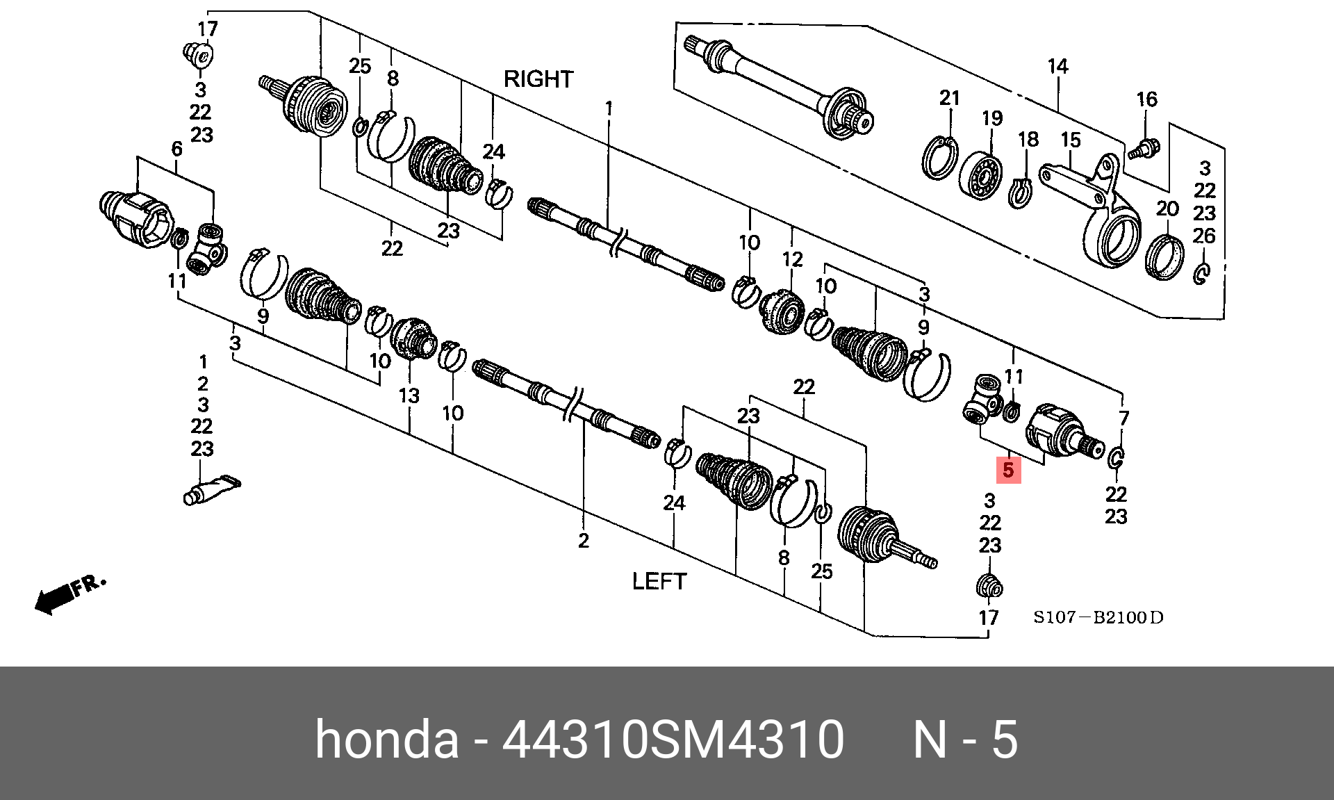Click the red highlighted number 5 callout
tap(1008, 471)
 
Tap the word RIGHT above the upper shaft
tap(538, 79)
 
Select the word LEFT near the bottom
tap(659, 581)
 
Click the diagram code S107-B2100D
tap(1098, 617)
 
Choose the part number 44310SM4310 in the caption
tap(673, 740)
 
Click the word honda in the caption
tap(387, 740)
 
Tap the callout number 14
tap(1057, 67)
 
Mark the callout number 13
tap(409, 395)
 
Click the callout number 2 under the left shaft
tap(583, 540)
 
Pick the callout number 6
tap(176, 149)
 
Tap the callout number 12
tap(792, 259)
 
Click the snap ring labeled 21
tap(941, 158)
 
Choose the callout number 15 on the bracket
tap(1071, 140)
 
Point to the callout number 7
tap(1123, 418)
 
